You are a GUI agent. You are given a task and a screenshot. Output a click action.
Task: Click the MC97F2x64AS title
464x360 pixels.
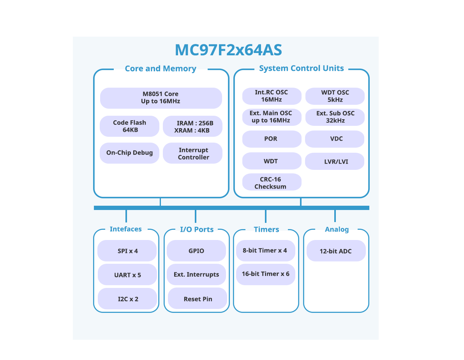(228, 50)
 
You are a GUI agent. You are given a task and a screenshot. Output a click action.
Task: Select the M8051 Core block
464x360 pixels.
(161, 98)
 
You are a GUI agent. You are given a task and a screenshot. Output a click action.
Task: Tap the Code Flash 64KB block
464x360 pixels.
(130, 126)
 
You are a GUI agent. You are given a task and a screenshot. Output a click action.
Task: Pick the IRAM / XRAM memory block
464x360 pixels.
(192, 127)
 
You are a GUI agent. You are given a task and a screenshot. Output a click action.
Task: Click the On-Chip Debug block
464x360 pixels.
(130, 153)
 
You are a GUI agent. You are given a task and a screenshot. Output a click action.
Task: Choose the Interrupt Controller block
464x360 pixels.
(193, 154)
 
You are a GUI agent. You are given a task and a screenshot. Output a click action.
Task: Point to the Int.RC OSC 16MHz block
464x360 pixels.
(272, 96)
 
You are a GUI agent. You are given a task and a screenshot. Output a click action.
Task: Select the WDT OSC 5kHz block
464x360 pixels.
(335, 96)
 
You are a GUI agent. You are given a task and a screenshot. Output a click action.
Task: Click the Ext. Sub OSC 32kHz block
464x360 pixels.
(335, 117)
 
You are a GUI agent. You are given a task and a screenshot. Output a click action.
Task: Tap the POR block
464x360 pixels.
(272, 139)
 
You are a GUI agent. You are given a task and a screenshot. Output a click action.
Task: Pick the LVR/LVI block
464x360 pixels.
(335, 161)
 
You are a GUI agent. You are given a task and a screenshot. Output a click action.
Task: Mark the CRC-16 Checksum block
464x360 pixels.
(272, 183)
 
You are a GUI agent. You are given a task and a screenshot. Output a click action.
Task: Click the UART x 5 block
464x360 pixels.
(127, 275)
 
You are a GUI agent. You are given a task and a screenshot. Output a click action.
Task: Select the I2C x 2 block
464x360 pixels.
(128, 299)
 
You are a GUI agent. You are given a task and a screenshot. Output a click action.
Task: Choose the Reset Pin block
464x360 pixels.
(198, 299)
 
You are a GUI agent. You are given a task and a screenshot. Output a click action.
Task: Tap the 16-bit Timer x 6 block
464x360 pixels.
(265, 274)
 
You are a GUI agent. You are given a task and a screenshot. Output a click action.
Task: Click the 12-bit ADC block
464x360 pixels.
(336, 251)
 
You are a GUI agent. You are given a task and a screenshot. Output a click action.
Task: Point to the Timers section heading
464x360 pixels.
(266, 229)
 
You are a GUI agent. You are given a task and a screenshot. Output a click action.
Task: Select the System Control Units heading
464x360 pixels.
(301, 69)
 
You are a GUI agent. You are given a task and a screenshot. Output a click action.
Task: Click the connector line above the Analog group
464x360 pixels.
(335, 215)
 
